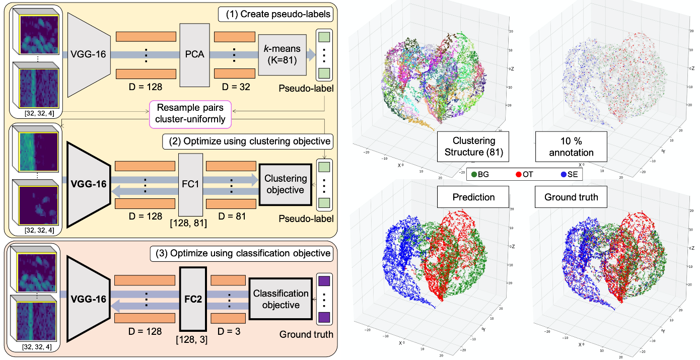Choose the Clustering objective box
[286, 184]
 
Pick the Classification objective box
[281, 299]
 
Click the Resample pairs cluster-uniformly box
[190, 115]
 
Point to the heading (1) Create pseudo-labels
[276, 14]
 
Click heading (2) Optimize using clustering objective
[248, 140]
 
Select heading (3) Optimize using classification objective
[241, 253]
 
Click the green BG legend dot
[475, 175]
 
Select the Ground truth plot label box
[571, 197]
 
